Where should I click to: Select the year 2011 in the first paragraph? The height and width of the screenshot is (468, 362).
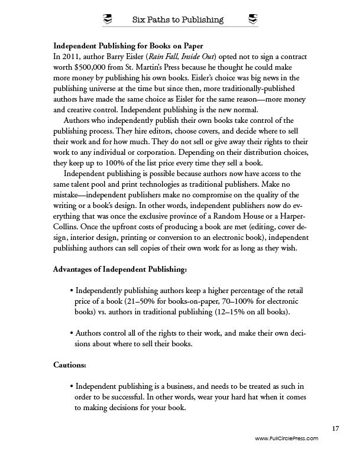point(73,57)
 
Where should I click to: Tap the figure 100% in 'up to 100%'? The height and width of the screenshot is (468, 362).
point(111,146)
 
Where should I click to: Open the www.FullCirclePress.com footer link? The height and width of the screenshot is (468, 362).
point(286,438)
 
